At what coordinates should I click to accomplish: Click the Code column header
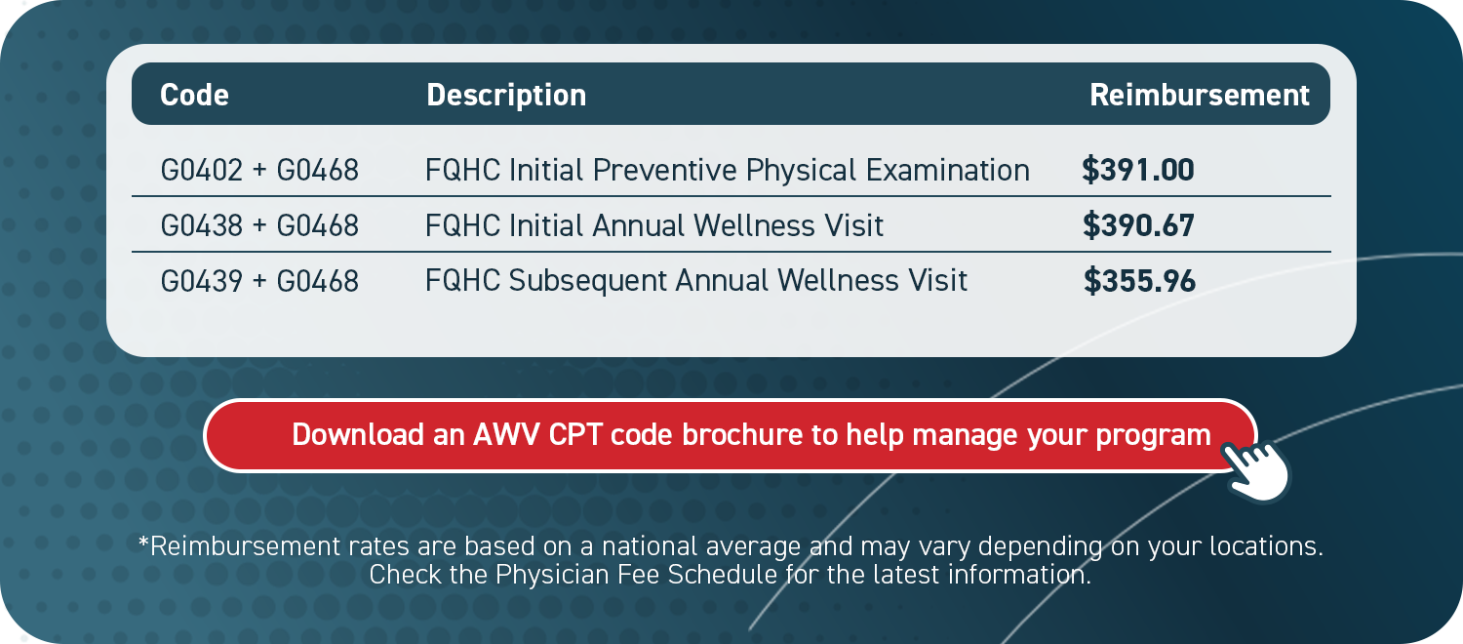click(x=194, y=95)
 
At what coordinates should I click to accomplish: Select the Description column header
click(x=506, y=95)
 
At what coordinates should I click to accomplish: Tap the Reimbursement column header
click(x=1199, y=95)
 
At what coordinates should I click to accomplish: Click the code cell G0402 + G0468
click(x=259, y=171)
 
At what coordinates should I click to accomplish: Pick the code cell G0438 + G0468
click(x=259, y=226)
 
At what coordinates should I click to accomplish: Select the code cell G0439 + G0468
click(x=259, y=281)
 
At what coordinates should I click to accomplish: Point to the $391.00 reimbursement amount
click(x=1138, y=171)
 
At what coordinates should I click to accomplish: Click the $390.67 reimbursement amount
click(x=1138, y=226)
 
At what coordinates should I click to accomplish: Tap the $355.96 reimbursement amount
click(x=1139, y=281)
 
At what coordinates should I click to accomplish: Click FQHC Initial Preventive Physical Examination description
click(x=727, y=171)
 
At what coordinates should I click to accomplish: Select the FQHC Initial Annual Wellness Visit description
click(x=654, y=226)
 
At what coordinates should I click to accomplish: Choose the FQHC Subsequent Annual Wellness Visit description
click(x=696, y=281)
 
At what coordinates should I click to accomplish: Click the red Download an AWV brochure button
click(x=730, y=435)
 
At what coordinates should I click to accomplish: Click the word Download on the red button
click(x=358, y=435)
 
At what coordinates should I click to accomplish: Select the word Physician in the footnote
click(x=542, y=573)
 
